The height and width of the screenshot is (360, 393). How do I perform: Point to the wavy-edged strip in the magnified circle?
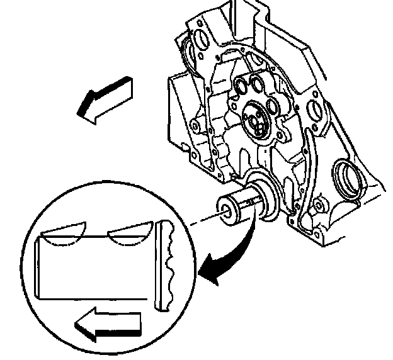coord(166,265)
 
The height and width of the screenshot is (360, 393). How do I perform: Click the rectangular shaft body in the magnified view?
coord(94,267)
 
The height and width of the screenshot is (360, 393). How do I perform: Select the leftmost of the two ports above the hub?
coord(240,86)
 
